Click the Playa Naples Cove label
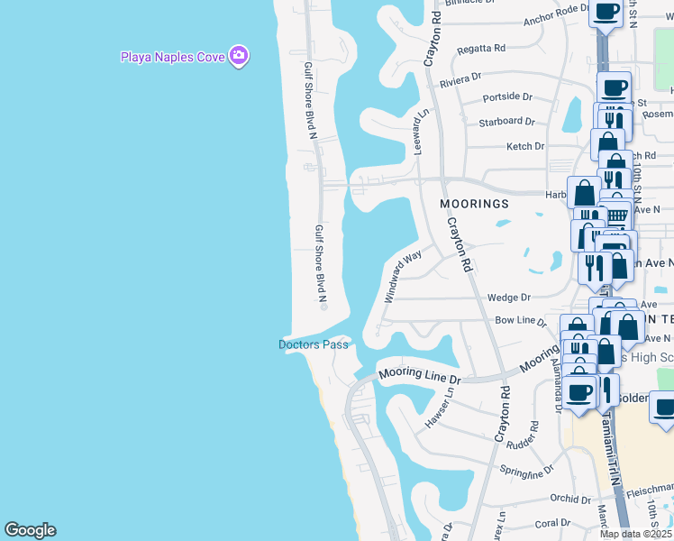pos(173,57)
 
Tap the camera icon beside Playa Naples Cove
pos(238,56)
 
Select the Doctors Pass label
pos(313,344)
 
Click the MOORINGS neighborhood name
pos(474,204)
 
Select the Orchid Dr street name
pos(573,499)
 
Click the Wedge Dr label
pos(508,297)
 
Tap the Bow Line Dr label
pos(521,320)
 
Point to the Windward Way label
pos(403,277)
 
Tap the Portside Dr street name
pos(507,96)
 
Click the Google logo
pos(30,530)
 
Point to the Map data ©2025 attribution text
pos(635,534)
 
